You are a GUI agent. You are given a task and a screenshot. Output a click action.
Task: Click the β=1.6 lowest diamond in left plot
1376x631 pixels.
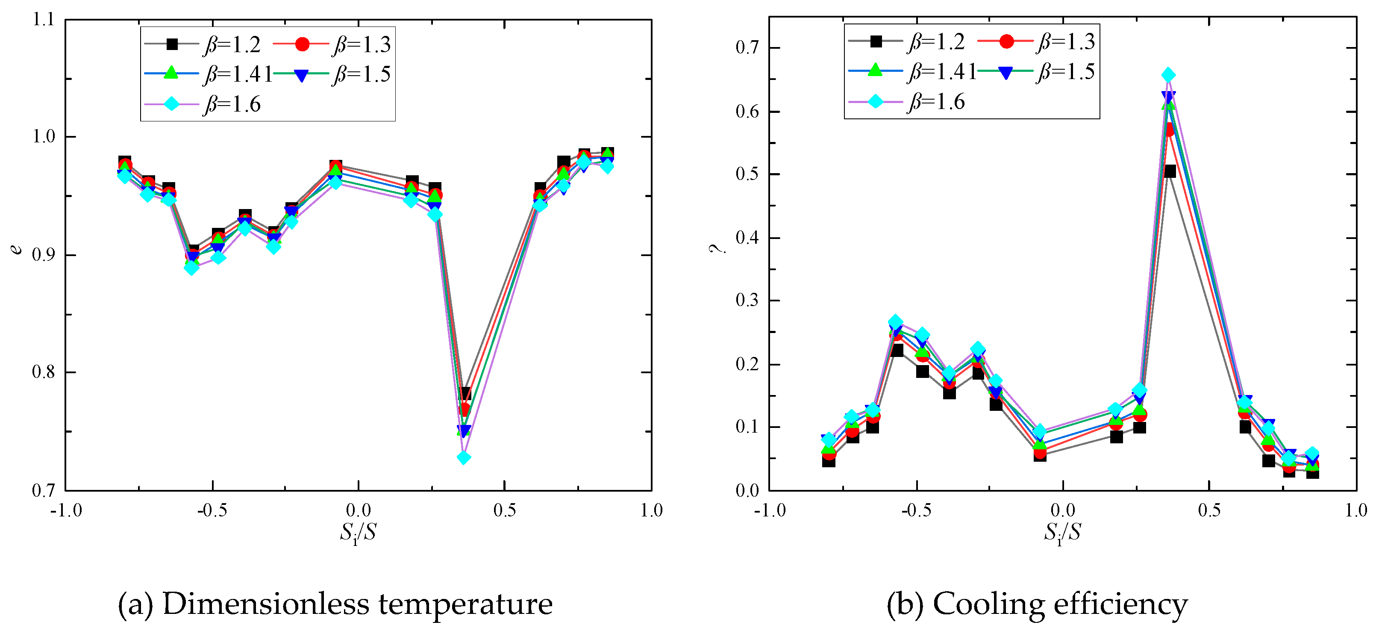tap(464, 457)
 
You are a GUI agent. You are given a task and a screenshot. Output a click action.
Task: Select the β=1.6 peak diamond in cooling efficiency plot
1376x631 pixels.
tap(1168, 75)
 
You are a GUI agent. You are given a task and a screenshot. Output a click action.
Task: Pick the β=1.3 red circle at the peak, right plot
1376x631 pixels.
tap(1169, 130)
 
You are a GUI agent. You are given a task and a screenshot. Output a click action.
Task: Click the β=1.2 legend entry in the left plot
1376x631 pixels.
tap(203, 44)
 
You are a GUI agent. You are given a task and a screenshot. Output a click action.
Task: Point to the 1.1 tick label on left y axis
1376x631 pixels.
tap(43, 20)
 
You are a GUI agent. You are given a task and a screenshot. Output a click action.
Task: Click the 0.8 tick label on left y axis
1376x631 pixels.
tap(43, 372)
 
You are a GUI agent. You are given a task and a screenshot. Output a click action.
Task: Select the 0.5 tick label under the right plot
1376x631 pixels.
tap(1209, 510)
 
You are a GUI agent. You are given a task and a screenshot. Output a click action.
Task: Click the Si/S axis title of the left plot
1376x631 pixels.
tap(358, 532)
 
